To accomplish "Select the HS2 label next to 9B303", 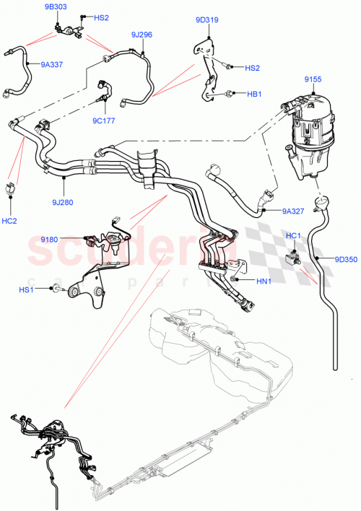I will [x=101, y=17].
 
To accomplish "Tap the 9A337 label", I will [x=51, y=65].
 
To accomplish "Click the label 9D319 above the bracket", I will [x=206, y=20].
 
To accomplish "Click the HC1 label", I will [x=294, y=235].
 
